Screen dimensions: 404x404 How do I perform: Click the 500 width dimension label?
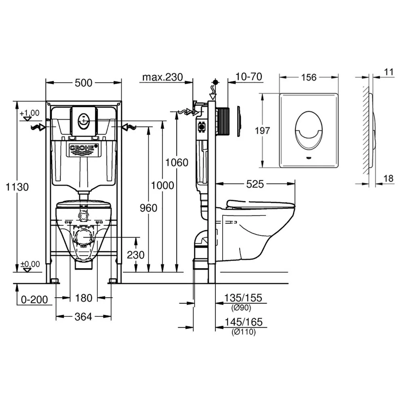coord(84,83)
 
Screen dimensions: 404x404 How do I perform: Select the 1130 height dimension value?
coord(17,187)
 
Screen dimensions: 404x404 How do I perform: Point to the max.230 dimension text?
coord(162,77)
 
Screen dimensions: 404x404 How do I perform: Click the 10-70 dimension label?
coord(248,76)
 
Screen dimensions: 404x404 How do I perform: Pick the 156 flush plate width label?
coord(309,77)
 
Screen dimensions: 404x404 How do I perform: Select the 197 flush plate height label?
coord(262,130)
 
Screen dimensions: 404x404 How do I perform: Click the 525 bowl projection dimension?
coord(255,184)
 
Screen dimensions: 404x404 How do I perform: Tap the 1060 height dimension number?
coord(177,162)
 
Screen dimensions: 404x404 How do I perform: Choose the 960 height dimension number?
coord(148,208)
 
